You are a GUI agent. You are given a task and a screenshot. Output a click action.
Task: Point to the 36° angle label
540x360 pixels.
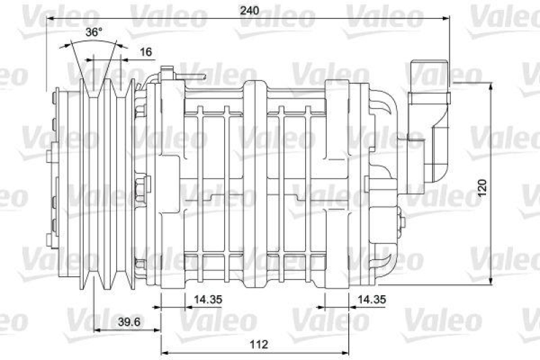click(94, 32)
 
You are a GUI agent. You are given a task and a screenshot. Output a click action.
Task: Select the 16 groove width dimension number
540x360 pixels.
click(146, 51)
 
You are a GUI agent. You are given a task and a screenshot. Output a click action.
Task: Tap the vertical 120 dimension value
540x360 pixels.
click(481, 188)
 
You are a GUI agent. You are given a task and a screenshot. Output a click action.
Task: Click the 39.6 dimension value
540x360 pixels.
click(128, 322)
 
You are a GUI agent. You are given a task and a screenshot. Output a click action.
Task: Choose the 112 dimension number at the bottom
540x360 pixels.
click(258, 344)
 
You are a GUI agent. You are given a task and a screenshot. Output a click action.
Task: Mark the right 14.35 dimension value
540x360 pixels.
click(371, 298)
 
